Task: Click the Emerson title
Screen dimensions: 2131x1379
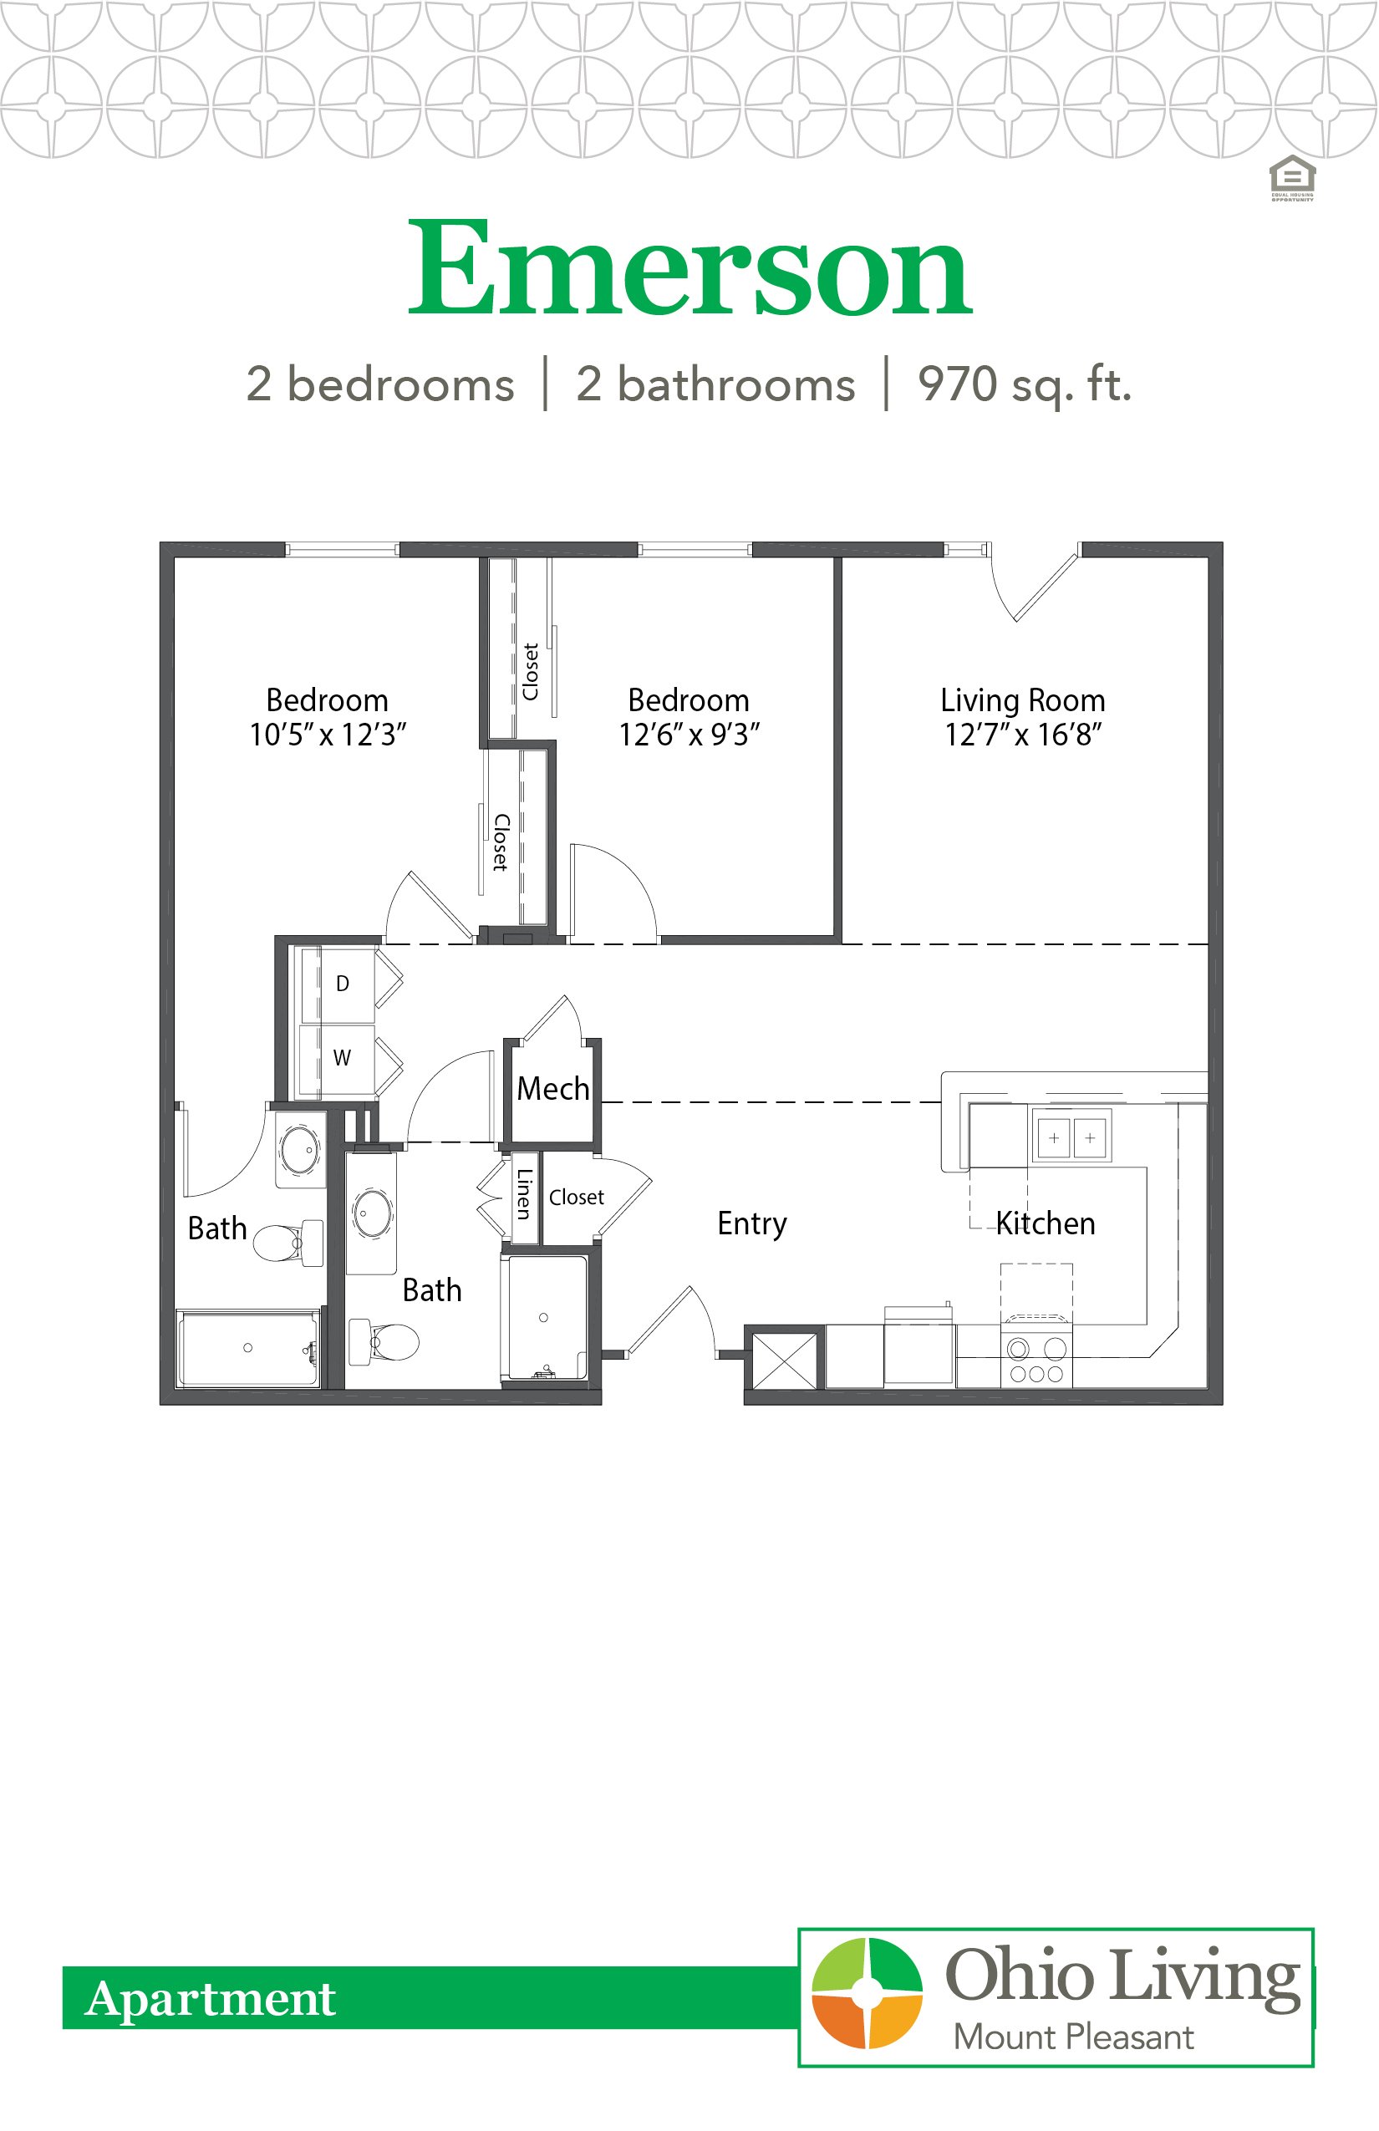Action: tap(689, 268)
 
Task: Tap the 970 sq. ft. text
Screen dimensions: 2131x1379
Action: tap(1025, 385)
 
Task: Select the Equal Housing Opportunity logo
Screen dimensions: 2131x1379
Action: tap(1292, 178)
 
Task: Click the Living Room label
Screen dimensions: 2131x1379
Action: tap(1023, 700)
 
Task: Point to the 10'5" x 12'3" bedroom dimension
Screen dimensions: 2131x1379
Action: tap(328, 735)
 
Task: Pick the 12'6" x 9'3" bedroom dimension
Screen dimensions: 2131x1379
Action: tap(689, 735)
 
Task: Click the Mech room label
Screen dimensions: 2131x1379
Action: tap(552, 1090)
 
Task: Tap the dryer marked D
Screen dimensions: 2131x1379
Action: tap(342, 984)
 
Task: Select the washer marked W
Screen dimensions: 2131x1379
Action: tap(342, 1058)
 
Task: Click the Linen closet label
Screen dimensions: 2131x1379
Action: tap(525, 1195)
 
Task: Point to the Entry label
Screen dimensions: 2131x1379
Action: tap(751, 1224)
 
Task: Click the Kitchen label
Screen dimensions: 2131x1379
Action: tap(1045, 1224)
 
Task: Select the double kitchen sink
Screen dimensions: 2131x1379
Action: tap(1071, 1138)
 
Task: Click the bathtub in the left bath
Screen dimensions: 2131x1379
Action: tap(248, 1349)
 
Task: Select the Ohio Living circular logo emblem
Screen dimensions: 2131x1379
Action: tap(867, 1994)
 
